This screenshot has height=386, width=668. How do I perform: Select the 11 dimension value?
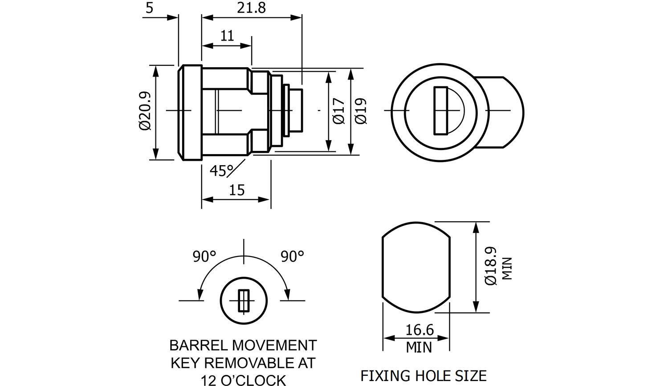click(x=227, y=36)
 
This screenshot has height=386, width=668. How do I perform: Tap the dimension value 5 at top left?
click(x=149, y=8)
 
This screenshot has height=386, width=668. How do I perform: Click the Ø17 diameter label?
click(x=339, y=111)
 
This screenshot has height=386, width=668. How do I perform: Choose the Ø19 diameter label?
click(x=361, y=111)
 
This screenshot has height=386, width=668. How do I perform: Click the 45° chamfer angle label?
click(x=222, y=171)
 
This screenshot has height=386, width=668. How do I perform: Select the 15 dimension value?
click(x=236, y=190)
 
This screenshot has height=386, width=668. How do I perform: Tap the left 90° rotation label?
click(x=204, y=256)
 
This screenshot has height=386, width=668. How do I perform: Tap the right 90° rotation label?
click(x=292, y=256)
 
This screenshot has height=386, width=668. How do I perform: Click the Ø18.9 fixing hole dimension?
click(x=490, y=266)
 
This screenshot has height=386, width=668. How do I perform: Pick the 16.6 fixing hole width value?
click(x=419, y=330)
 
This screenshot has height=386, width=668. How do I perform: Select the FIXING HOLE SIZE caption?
click(x=423, y=376)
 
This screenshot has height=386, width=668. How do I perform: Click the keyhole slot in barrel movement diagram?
click(x=243, y=301)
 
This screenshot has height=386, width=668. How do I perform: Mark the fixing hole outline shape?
click(x=416, y=267)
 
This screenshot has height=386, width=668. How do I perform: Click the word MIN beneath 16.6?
click(x=419, y=347)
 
